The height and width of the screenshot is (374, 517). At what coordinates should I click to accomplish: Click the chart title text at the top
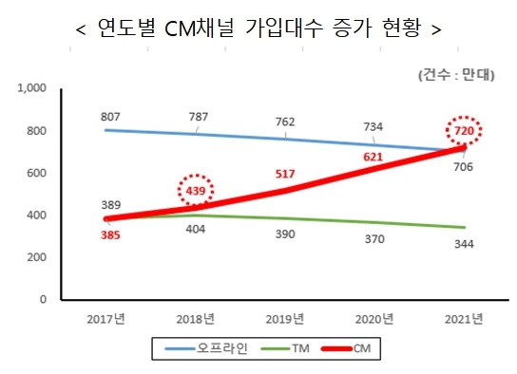point(258,28)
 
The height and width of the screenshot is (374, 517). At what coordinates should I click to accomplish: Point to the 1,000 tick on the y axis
point(32,88)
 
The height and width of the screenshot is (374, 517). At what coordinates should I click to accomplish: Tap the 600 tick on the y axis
point(36,173)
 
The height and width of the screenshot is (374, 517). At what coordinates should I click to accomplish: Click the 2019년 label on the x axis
point(285,318)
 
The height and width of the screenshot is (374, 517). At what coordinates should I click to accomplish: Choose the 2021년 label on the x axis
point(463,318)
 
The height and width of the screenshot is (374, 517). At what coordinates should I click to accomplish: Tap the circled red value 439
point(197,191)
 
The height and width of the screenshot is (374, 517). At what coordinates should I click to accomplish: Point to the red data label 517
point(283,175)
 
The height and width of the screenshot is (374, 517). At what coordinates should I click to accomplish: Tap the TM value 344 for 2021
point(464,245)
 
